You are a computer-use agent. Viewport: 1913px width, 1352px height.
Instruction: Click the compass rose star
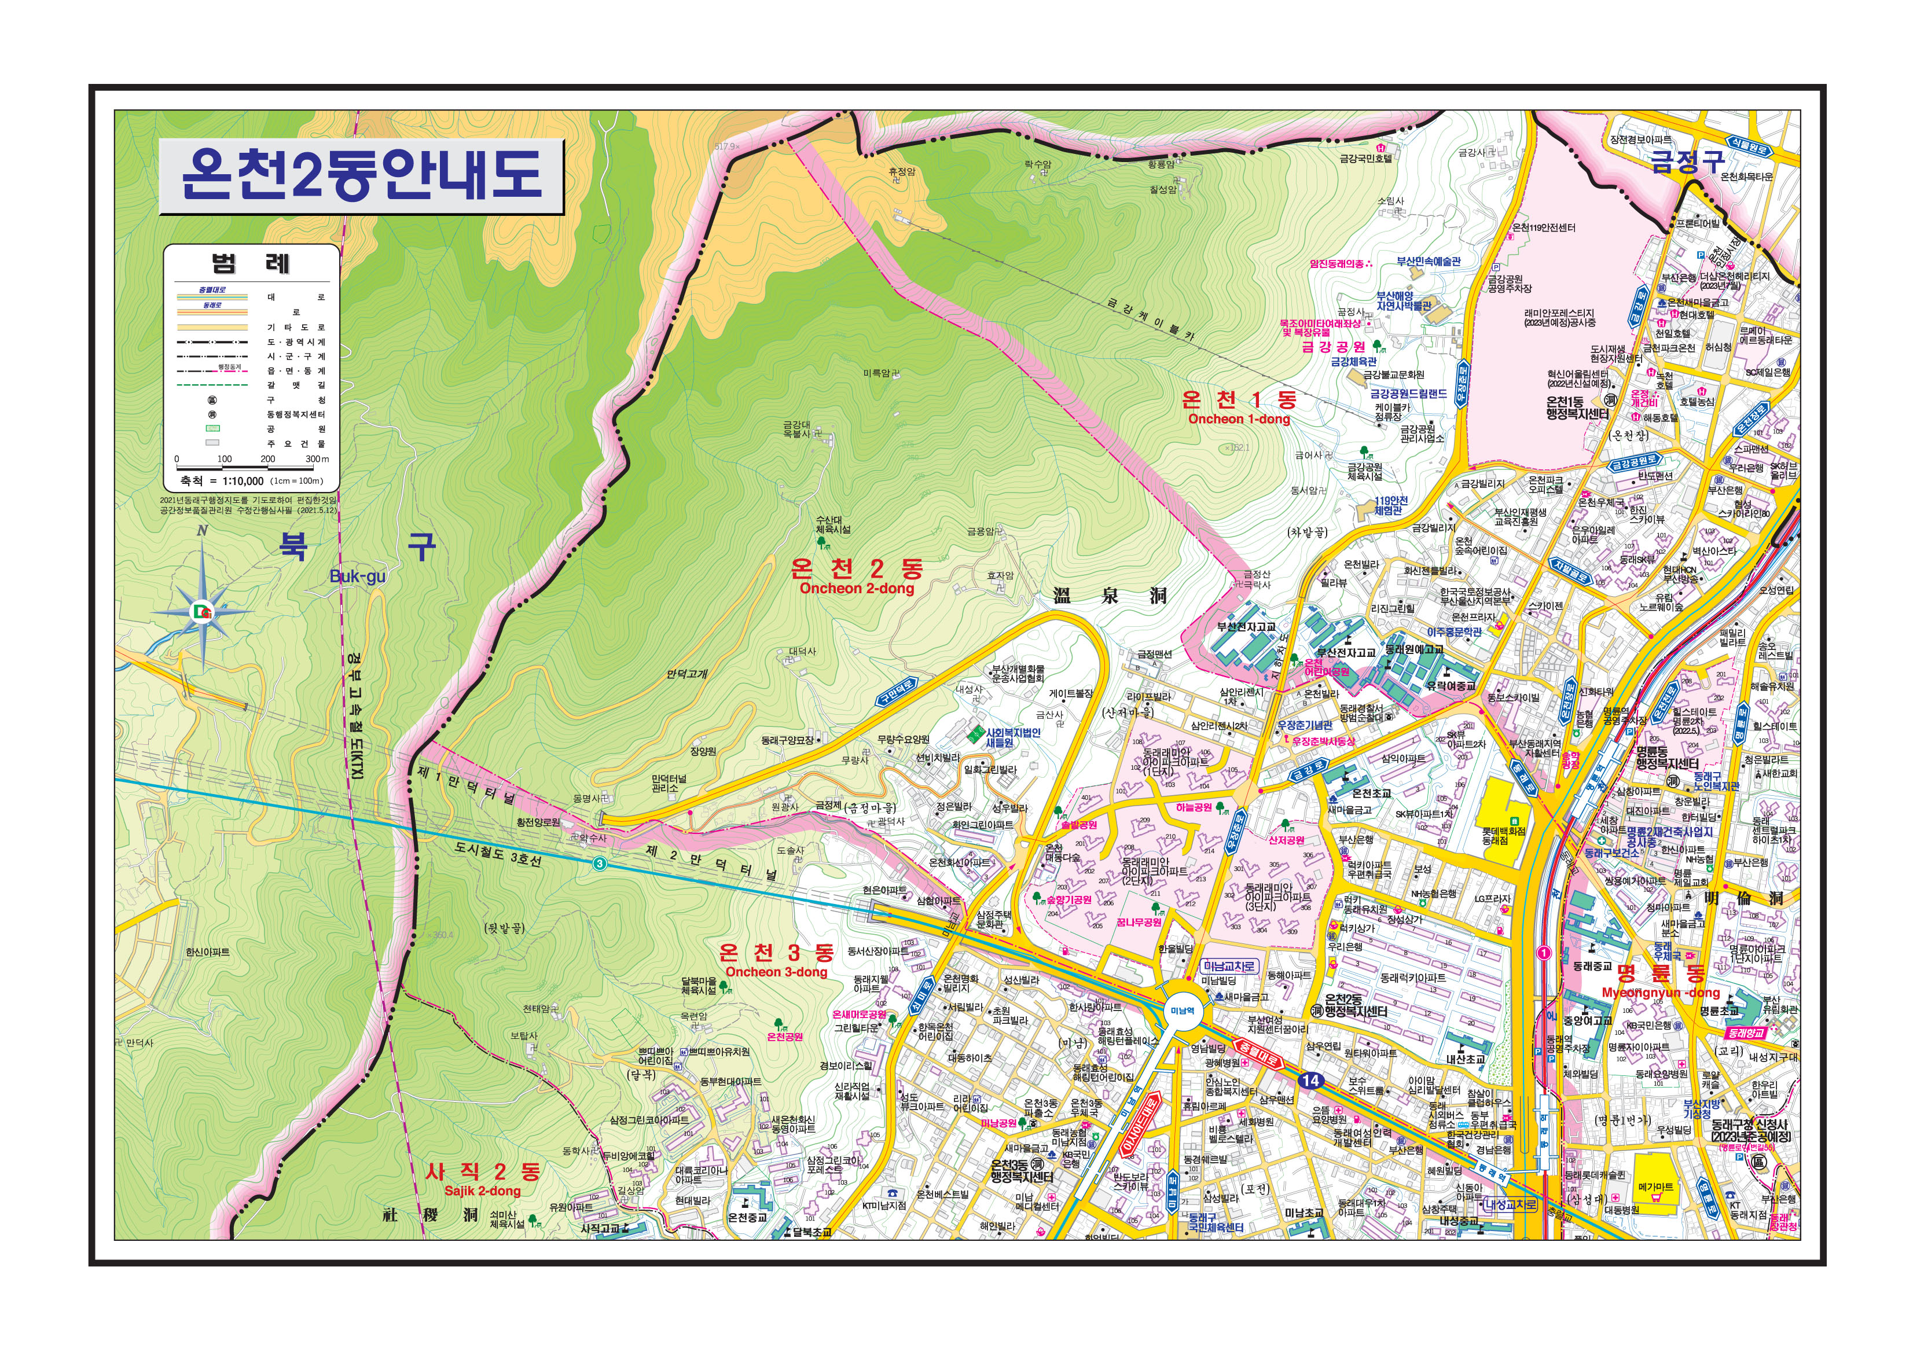(203, 613)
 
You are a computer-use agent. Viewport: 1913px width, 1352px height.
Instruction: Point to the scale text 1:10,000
(243, 480)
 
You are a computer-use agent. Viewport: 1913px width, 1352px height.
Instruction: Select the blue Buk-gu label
(358, 576)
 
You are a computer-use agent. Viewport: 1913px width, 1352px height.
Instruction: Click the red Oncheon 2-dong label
(857, 588)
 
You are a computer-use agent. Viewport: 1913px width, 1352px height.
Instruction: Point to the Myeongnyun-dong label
(1661, 993)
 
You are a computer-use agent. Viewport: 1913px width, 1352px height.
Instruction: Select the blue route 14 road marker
(1310, 1081)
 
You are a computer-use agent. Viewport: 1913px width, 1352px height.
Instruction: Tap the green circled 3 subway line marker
(600, 864)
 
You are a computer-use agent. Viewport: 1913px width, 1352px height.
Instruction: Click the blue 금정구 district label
(1687, 161)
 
